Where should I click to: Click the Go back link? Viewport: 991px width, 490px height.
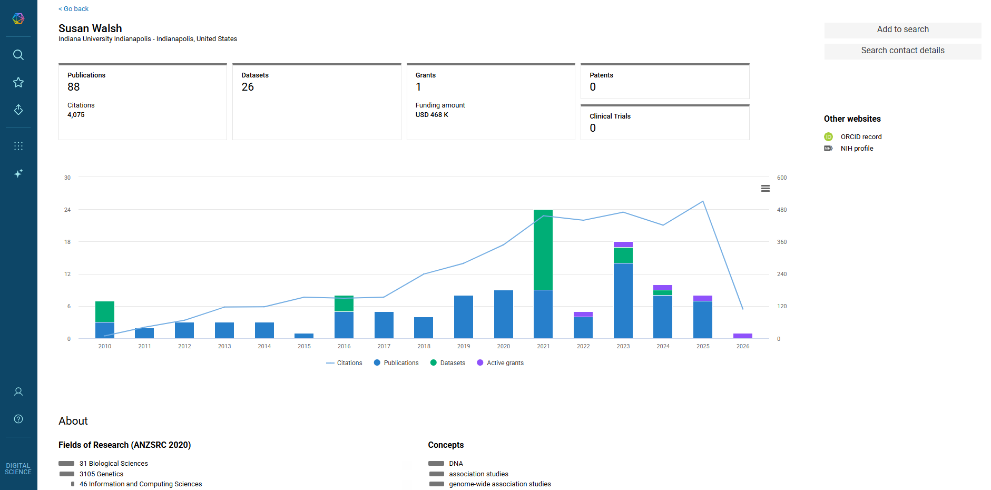click(74, 9)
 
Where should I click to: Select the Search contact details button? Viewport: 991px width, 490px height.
click(902, 51)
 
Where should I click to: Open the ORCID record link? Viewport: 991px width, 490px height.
click(861, 137)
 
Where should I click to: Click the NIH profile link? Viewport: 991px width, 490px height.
click(857, 149)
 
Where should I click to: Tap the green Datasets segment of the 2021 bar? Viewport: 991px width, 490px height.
click(543, 250)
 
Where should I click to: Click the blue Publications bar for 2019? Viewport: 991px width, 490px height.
click(464, 317)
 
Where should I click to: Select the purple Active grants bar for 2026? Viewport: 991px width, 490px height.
click(743, 336)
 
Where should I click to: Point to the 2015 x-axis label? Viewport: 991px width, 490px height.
click(304, 346)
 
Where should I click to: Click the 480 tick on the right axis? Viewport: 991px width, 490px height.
click(782, 210)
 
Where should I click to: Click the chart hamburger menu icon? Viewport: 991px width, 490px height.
click(766, 189)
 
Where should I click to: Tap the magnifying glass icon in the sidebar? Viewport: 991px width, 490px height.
click(18, 55)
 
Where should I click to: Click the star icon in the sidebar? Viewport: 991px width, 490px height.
click(18, 82)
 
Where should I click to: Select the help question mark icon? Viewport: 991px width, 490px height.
click(18, 419)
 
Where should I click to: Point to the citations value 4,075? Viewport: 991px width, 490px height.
click(76, 115)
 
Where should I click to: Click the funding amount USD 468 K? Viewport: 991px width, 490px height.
click(432, 115)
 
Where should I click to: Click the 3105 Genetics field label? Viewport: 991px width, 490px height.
click(101, 474)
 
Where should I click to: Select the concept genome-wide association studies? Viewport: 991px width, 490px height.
click(500, 484)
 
